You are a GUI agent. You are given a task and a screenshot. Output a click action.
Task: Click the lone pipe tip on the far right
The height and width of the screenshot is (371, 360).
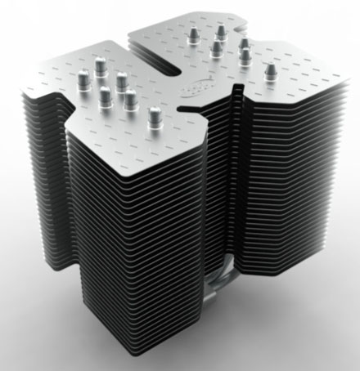268,73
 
